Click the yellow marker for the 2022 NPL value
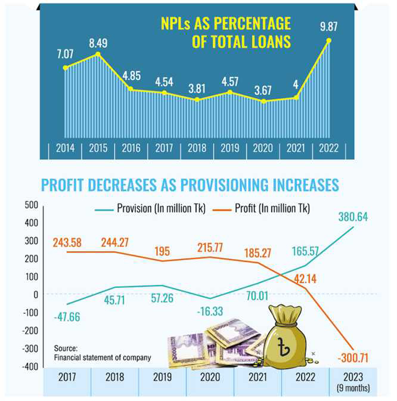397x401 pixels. pyautogui.click(x=328, y=41)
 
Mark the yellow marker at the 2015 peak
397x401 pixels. pyautogui.click(x=98, y=55)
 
